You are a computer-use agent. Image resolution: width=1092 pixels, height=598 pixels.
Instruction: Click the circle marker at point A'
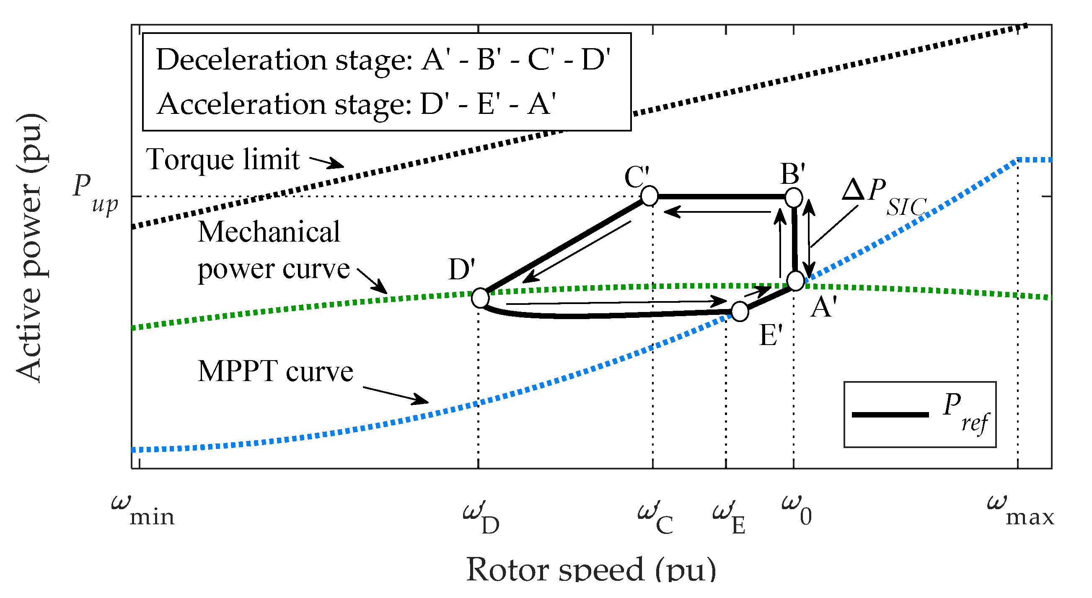[795, 281]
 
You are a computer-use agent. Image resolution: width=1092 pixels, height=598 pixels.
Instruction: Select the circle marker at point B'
[794, 197]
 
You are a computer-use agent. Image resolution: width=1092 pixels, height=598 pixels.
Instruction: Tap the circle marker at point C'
[649, 196]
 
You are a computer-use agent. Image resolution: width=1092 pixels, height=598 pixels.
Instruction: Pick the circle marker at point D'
[480, 298]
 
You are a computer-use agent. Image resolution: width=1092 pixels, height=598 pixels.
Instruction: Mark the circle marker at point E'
[740, 312]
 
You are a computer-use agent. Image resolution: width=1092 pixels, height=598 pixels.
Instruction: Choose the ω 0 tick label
[797, 510]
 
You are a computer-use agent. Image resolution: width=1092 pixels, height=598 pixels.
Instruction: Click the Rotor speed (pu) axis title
[591, 570]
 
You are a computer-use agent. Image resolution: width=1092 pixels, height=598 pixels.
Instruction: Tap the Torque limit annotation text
[223, 160]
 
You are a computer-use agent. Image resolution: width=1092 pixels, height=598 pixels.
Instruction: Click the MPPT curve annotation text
[275, 371]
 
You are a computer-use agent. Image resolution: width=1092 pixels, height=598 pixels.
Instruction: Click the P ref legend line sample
[890, 415]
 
